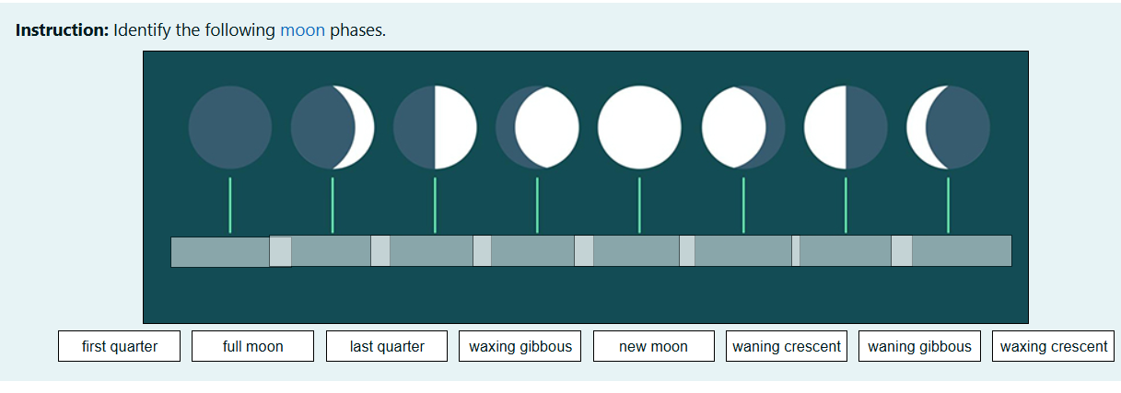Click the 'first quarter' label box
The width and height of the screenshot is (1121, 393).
pos(119,347)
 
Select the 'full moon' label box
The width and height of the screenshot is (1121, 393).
pos(252,347)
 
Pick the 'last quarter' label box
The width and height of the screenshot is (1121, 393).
pos(387,347)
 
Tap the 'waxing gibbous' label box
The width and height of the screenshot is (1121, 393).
pos(520,347)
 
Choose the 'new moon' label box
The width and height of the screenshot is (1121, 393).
pos(653,347)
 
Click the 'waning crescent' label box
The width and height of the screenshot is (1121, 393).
pos(786,347)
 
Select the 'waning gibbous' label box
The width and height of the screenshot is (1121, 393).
pos(919,347)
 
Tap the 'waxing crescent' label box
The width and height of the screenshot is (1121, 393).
pos(1054,347)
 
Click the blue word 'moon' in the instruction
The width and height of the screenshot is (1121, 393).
pos(302,30)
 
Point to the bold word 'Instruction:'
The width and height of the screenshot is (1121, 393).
pos(63,30)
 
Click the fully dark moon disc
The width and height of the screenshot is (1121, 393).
pos(230,127)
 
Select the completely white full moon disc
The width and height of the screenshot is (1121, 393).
pos(639,127)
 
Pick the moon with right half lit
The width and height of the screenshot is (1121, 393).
pos(435,127)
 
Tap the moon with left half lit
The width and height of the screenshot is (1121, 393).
pos(845,127)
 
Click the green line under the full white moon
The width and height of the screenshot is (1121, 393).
pos(639,205)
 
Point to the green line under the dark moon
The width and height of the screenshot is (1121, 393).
pos(230,205)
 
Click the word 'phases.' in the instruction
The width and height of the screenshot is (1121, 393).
pos(357,30)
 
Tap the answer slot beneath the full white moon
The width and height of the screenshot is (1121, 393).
pos(636,251)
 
